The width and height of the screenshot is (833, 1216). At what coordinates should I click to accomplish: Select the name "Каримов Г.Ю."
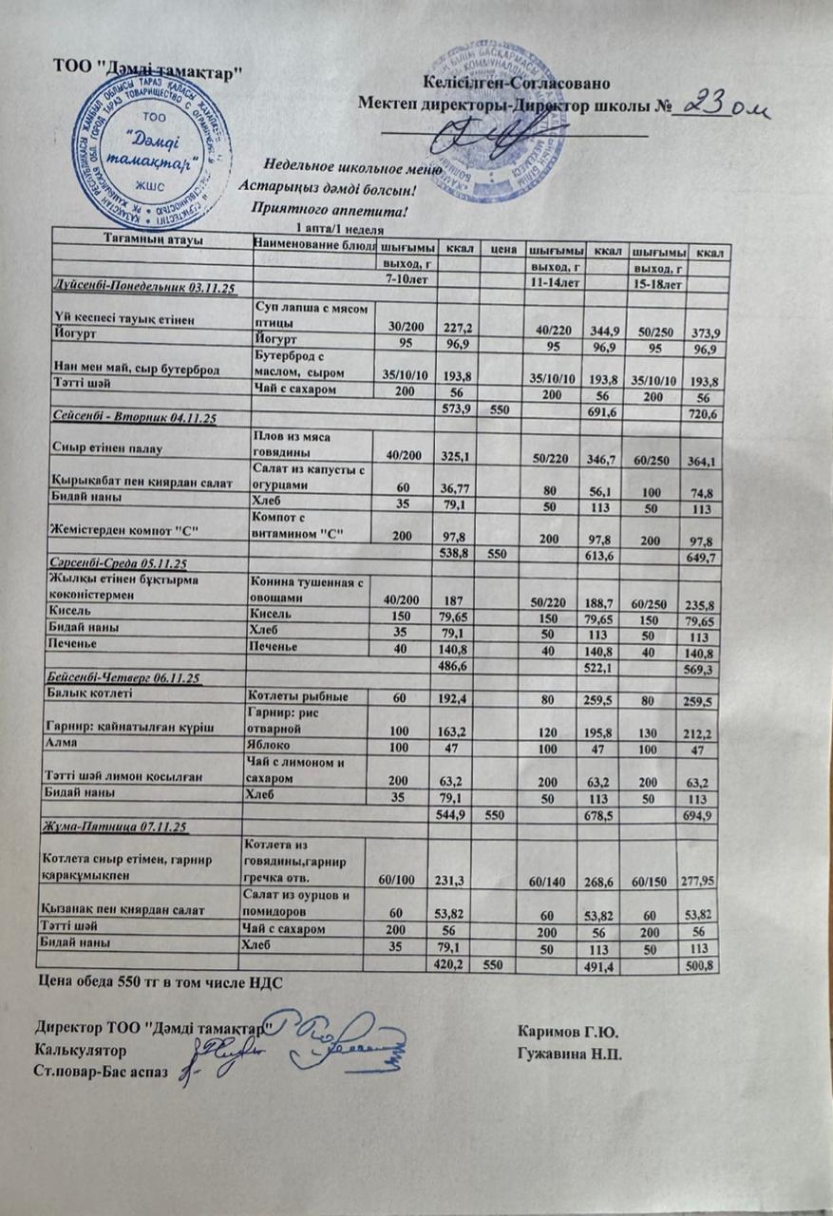click(570, 1031)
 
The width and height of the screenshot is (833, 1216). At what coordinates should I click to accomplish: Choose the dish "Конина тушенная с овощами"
click(303, 590)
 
